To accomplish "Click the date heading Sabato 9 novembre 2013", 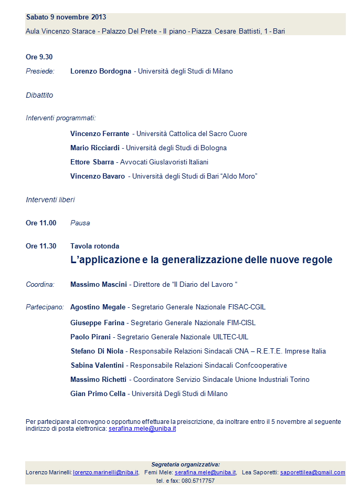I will point(66,17).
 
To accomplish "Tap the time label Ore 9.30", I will point(39,57).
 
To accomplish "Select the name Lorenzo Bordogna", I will point(101,71).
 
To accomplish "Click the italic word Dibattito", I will point(39,95).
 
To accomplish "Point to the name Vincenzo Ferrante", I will point(100,133).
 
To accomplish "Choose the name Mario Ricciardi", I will point(95,148).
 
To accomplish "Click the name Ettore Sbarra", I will point(92,162).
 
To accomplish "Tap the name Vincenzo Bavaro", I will point(98,176).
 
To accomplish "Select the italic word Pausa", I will point(80,223).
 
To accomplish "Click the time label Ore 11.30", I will point(41,246).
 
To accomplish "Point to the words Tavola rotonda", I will point(94,246).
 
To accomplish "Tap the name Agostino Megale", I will point(98,307).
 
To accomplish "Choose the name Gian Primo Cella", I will point(98,393).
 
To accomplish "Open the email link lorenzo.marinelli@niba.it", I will point(105,472).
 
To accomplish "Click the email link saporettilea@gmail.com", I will point(313,472).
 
